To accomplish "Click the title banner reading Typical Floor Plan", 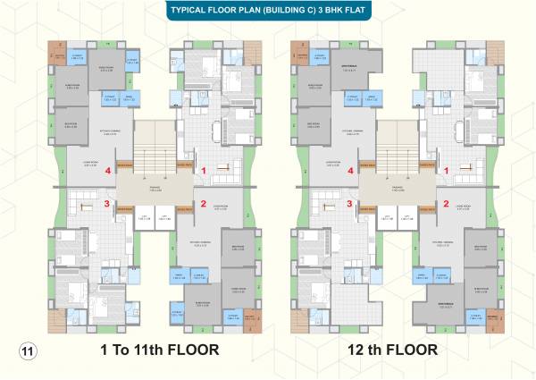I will click(267, 12).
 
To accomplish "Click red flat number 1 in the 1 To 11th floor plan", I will click(204, 169).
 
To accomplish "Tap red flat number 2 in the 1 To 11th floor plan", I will click(204, 203).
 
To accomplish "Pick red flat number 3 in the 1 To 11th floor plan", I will click(107, 204).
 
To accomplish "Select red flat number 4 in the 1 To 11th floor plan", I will click(107, 169).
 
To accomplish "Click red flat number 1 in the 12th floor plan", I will click(446, 169).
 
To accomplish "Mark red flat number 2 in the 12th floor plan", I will click(446, 203).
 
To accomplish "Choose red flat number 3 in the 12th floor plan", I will click(350, 204).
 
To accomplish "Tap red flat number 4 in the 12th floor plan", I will click(350, 169).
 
